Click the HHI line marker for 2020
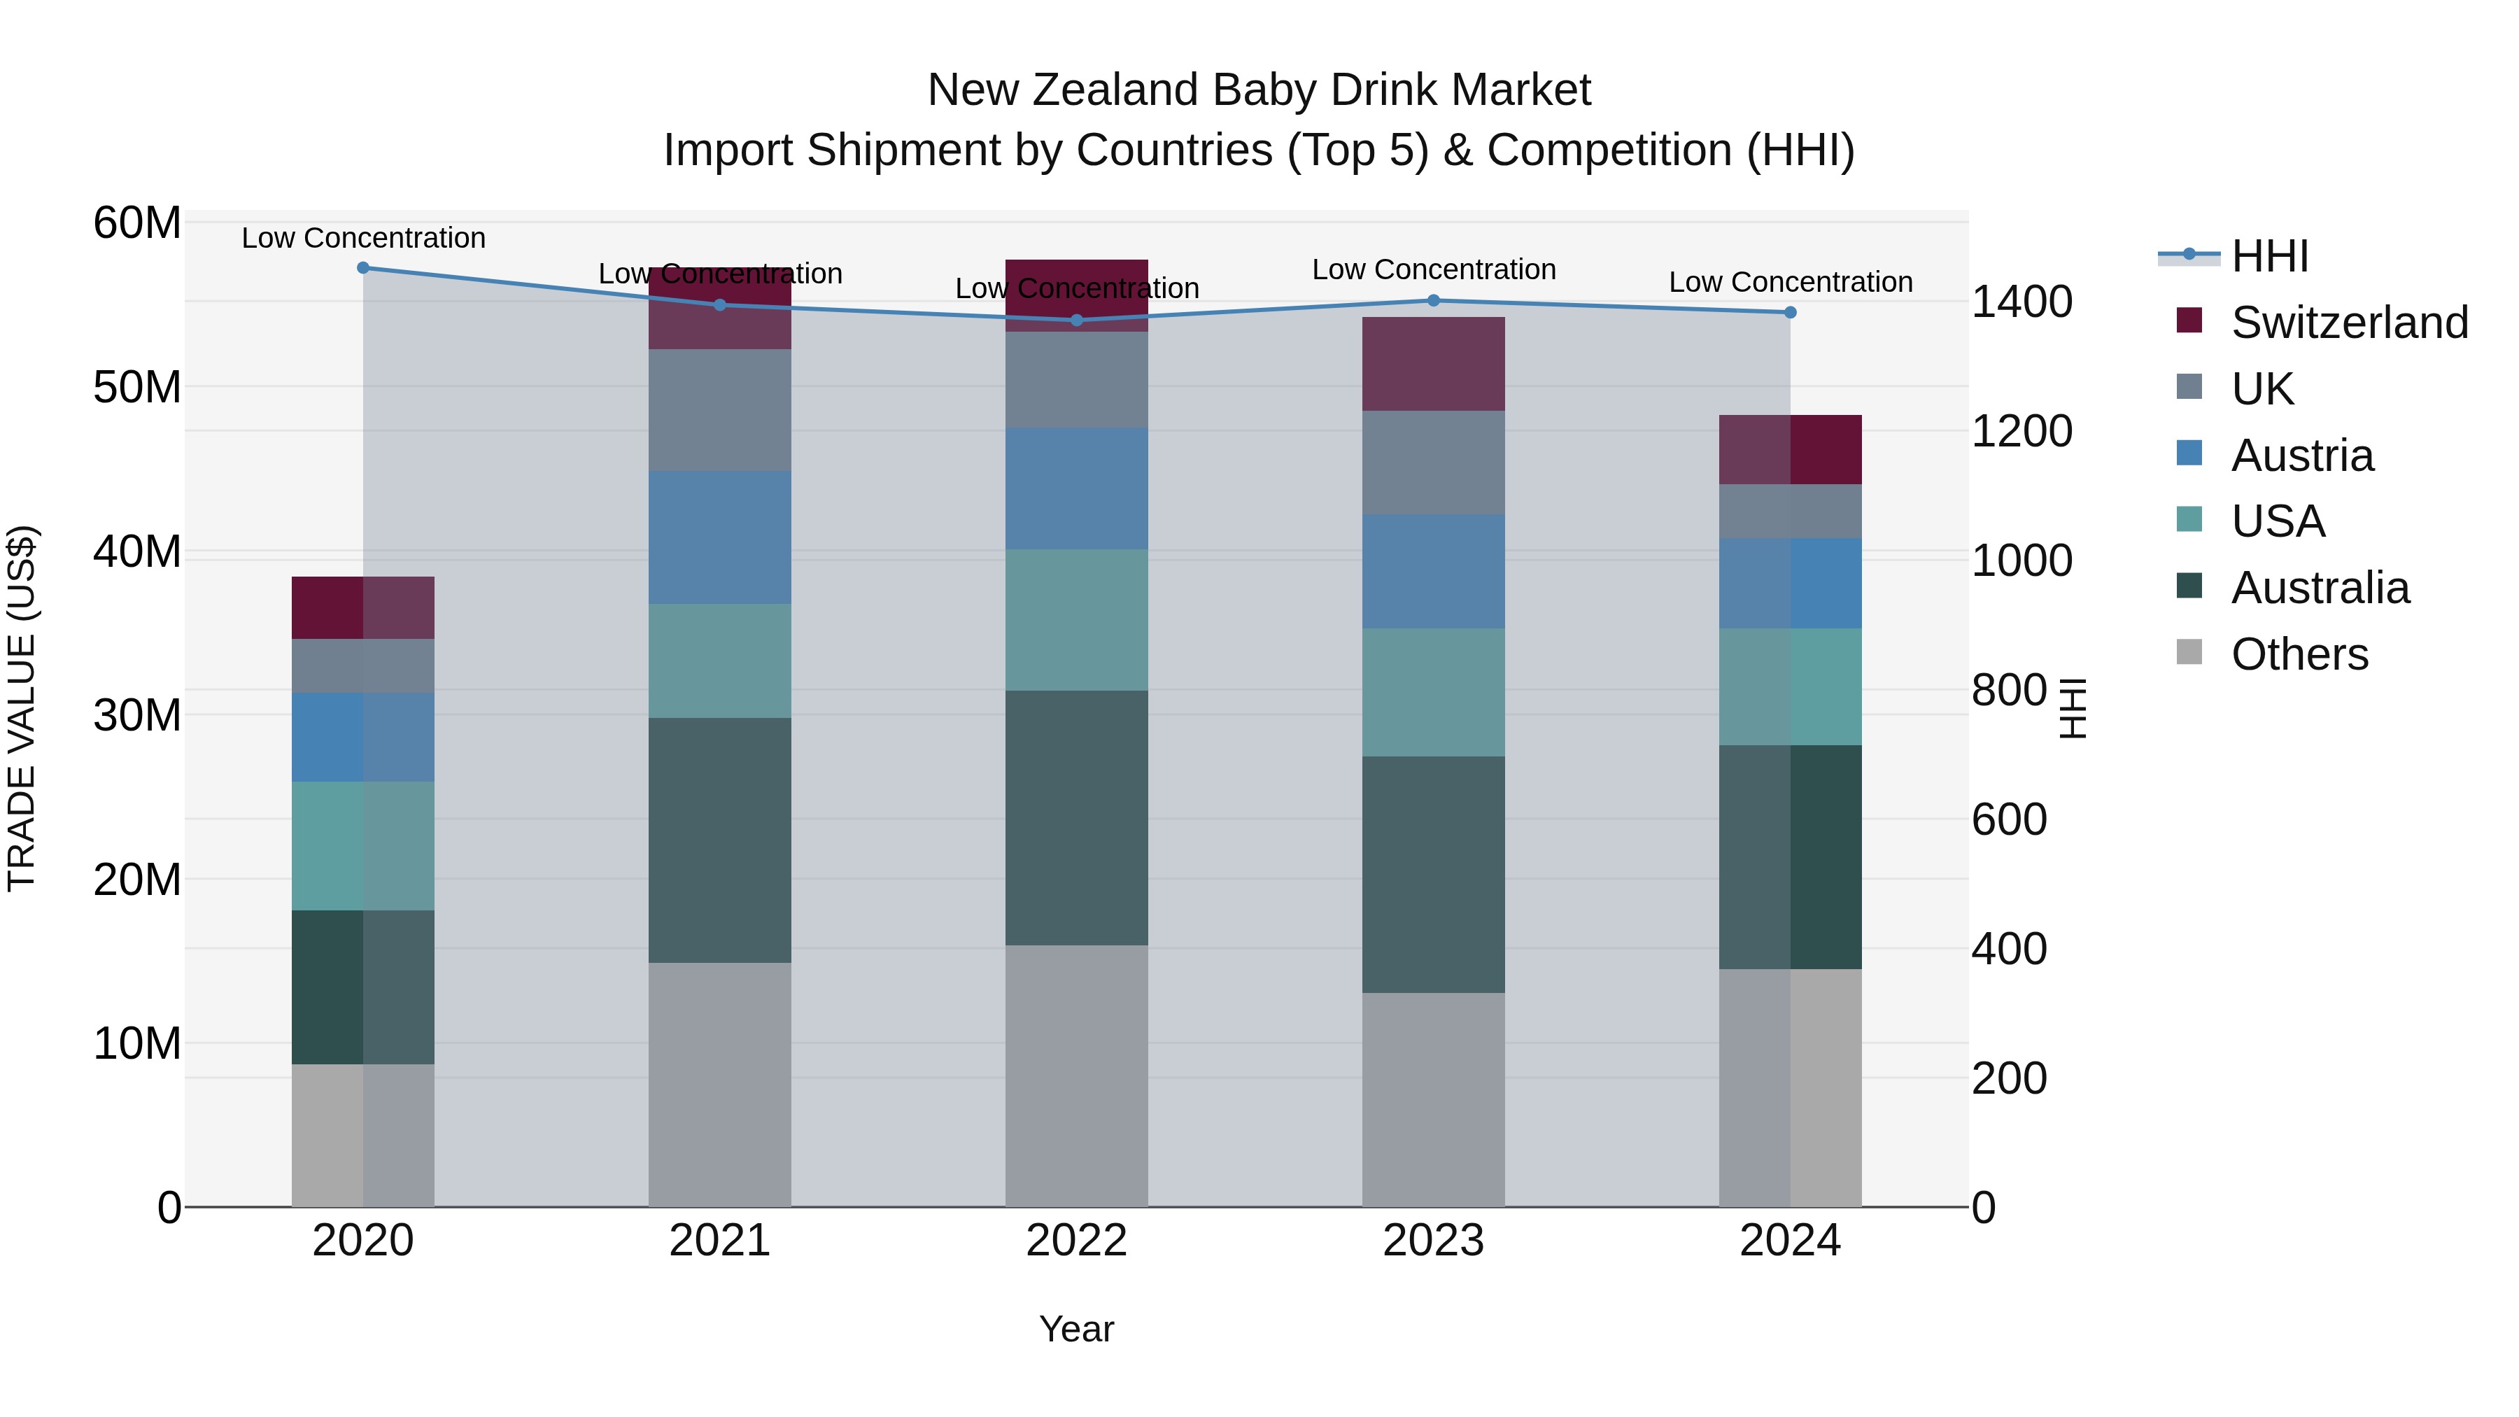[x=362, y=267]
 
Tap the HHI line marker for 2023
[x=1434, y=300]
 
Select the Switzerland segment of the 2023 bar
[x=1434, y=364]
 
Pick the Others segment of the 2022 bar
[x=1077, y=1076]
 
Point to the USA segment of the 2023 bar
[x=1434, y=692]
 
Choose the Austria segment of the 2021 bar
[x=720, y=538]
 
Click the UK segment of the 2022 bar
[x=1077, y=379]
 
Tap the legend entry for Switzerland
[x=2349, y=323]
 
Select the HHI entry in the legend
[x=2268, y=256]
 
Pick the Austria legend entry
[x=2302, y=456]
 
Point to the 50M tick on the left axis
[x=137, y=387]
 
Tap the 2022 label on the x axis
[x=1077, y=1241]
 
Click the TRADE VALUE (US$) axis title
[x=22, y=708]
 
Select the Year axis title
[x=1077, y=1329]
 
